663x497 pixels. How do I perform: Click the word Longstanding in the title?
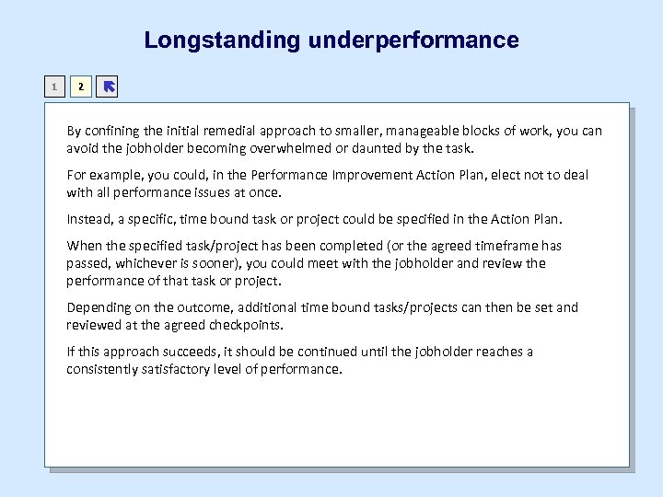click(222, 40)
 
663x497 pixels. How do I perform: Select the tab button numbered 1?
click(55, 87)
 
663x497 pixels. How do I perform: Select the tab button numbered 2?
click(81, 87)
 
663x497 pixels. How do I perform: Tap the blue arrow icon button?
click(108, 87)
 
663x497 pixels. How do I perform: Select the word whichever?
click(148, 263)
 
